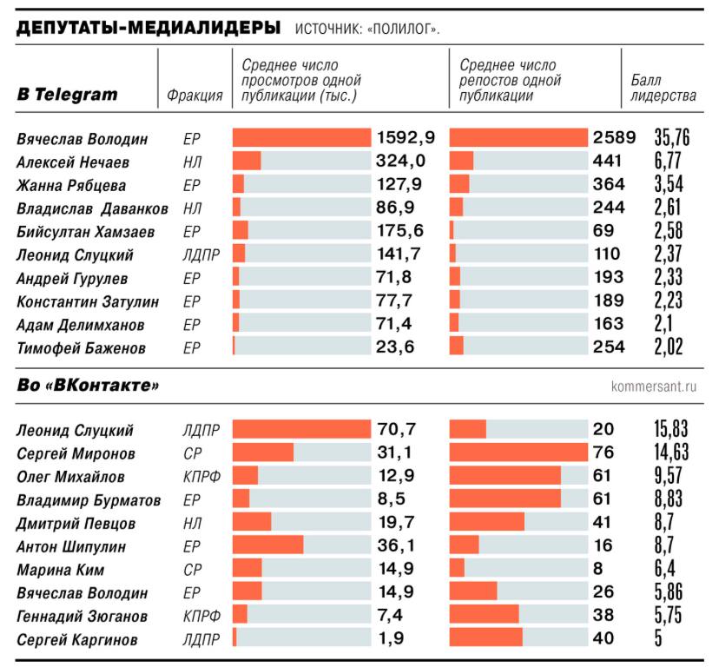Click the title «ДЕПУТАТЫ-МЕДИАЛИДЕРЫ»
[x=148, y=28]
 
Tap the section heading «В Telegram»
[x=68, y=95]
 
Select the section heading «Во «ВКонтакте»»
[x=89, y=385]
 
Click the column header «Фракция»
[x=195, y=96]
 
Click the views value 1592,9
[x=406, y=138]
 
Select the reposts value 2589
[x=615, y=138]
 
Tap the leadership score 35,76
[x=672, y=138]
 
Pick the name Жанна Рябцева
[x=71, y=186]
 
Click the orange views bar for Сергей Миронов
[x=263, y=452]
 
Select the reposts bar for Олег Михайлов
[x=505, y=476]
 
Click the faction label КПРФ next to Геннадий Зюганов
[x=201, y=617]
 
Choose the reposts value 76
[x=604, y=452]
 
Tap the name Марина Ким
[x=61, y=570]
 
